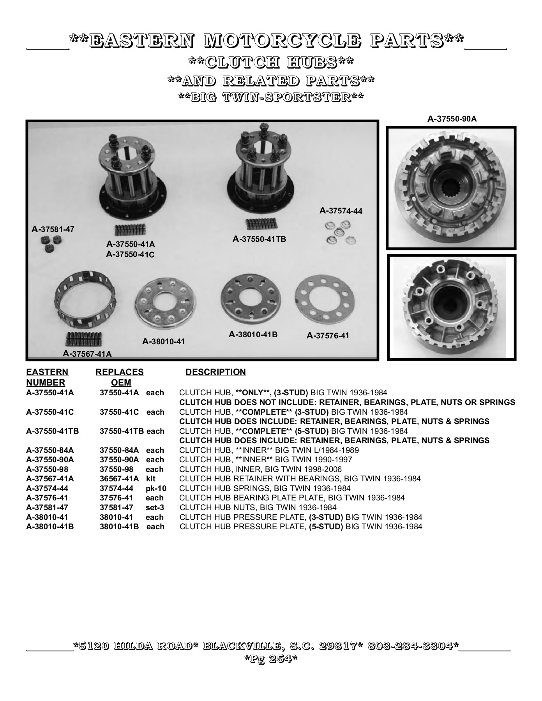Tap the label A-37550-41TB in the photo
click(259, 239)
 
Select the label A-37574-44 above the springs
click(341, 211)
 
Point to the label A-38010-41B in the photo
click(253, 335)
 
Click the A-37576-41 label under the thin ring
click(328, 336)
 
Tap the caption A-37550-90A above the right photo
click(452, 119)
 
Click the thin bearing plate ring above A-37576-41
click(325, 303)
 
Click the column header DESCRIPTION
click(215, 372)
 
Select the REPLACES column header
click(120, 372)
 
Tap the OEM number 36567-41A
click(119, 479)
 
